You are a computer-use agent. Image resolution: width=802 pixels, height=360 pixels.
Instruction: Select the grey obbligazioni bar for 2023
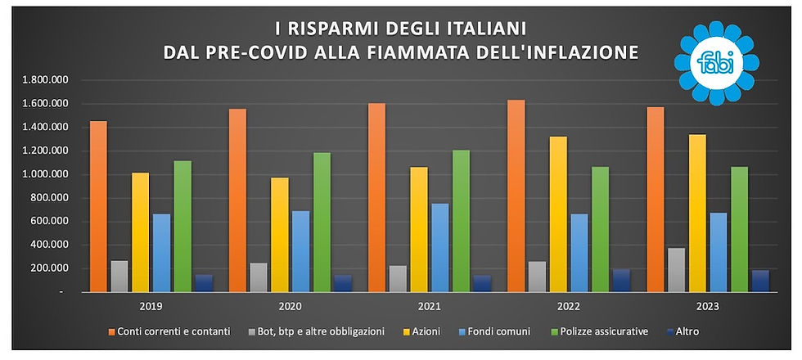677,270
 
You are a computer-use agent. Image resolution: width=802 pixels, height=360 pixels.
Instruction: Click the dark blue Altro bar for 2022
621,280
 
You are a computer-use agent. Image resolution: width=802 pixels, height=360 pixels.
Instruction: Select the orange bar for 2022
516,196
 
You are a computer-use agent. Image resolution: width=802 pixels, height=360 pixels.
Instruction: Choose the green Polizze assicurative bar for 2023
739,229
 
